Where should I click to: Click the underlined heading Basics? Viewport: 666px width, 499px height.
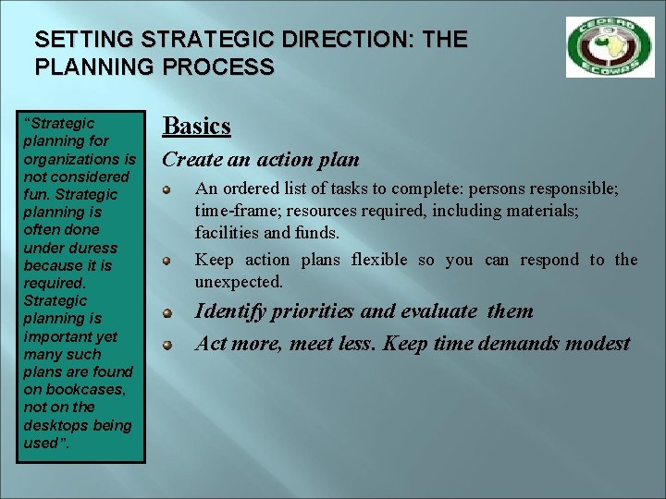click(196, 126)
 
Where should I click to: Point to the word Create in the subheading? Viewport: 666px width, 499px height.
click(191, 159)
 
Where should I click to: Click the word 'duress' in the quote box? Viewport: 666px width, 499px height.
click(93, 248)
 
